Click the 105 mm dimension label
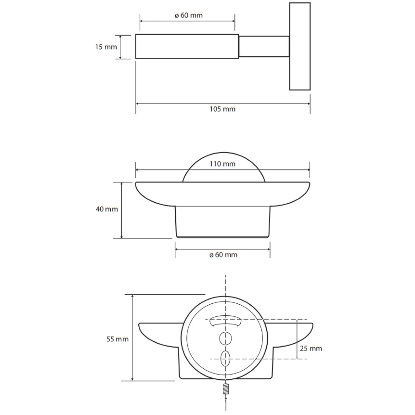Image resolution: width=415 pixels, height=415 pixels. pyautogui.click(x=222, y=109)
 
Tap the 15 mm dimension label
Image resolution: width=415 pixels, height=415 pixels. pyautogui.click(x=106, y=47)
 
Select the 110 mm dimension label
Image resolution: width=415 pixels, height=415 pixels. pyautogui.click(x=222, y=164)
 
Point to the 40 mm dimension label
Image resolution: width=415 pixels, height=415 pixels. pyautogui.click(x=107, y=209)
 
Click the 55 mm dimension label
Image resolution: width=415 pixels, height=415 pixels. pyautogui.click(x=117, y=339)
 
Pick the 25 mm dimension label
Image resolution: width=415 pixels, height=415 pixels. pyautogui.click(x=311, y=349)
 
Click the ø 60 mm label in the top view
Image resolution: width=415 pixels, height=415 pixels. pyautogui.click(x=189, y=15)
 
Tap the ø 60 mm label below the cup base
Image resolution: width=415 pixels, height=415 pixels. pyautogui.click(x=223, y=255)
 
